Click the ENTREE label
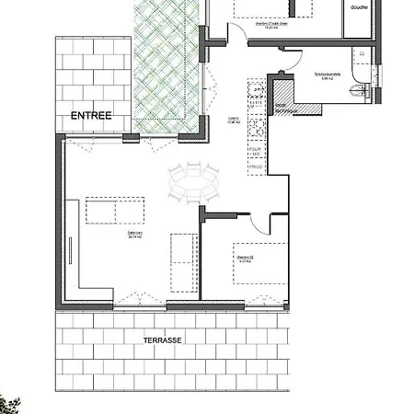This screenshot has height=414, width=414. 91,115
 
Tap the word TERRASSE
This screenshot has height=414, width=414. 163,339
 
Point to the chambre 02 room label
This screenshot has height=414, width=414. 245,260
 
